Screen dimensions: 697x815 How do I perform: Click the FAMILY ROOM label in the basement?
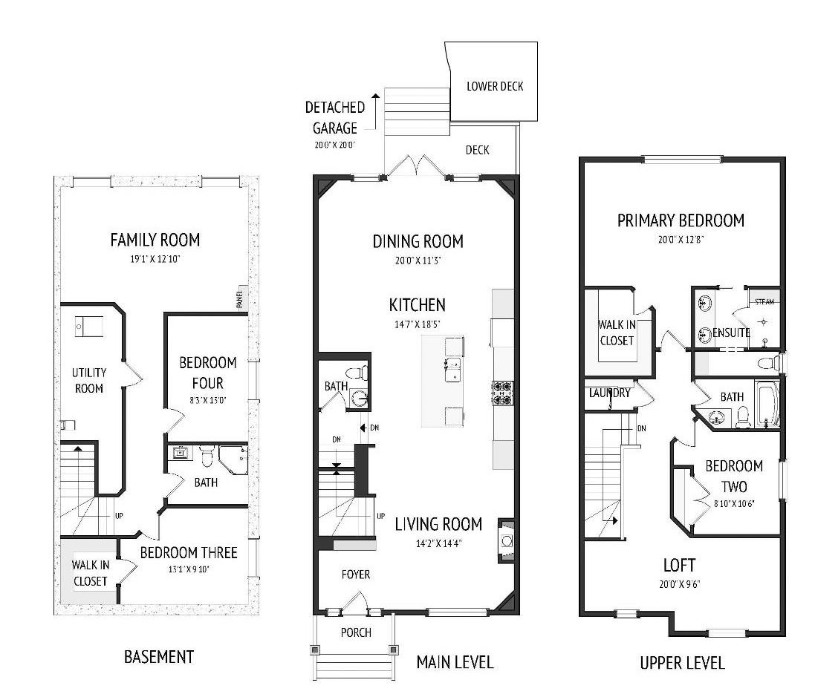tap(155, 240)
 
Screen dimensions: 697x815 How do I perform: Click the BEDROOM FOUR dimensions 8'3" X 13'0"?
tap(207, 402)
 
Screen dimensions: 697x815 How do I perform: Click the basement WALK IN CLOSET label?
tap(91, 572)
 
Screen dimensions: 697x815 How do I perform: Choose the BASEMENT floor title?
tap(158, 657)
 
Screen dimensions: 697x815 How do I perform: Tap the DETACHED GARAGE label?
tap(334, 118)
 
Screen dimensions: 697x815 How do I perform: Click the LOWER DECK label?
tap(495, 86)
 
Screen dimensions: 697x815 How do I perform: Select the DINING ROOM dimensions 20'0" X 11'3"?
tap(418, 260)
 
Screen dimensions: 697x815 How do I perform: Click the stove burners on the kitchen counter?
tap(499, 392)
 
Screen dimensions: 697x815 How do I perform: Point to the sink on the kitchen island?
tap(452, 369)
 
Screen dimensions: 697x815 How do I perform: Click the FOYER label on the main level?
tap(355, 575)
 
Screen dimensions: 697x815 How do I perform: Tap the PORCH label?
tap(356, 632)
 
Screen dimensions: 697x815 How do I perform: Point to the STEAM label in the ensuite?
tap(764, 302)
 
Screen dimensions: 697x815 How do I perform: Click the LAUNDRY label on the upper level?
tap(609, 393)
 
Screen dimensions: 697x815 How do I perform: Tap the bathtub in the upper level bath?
tap(766, 404)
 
